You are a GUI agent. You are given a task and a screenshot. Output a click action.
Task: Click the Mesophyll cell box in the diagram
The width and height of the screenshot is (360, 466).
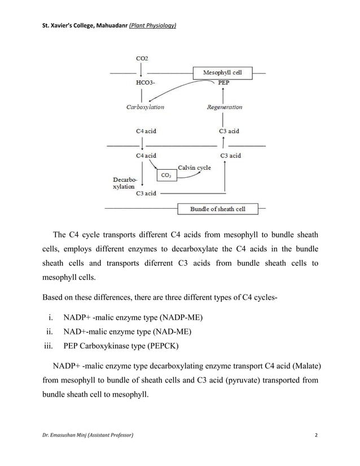pos(222,73)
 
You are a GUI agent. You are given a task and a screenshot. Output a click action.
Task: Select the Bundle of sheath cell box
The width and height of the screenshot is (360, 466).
pos(217,209)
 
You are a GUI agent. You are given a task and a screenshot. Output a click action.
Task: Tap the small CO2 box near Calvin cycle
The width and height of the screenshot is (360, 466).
pos(167,176)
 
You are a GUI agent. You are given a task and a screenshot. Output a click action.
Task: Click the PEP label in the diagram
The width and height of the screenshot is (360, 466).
pos(224,82)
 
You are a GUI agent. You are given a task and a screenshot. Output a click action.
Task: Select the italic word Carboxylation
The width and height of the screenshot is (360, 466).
pos(145,107)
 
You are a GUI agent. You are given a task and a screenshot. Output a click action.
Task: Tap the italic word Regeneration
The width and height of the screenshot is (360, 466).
pos(225,107)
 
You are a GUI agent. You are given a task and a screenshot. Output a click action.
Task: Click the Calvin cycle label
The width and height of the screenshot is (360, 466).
pos(194,168)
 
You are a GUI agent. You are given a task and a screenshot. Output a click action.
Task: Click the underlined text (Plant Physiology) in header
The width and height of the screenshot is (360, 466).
pos(153,25)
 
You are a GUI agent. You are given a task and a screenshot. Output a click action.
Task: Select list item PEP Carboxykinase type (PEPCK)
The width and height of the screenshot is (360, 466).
pos(125,346)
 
